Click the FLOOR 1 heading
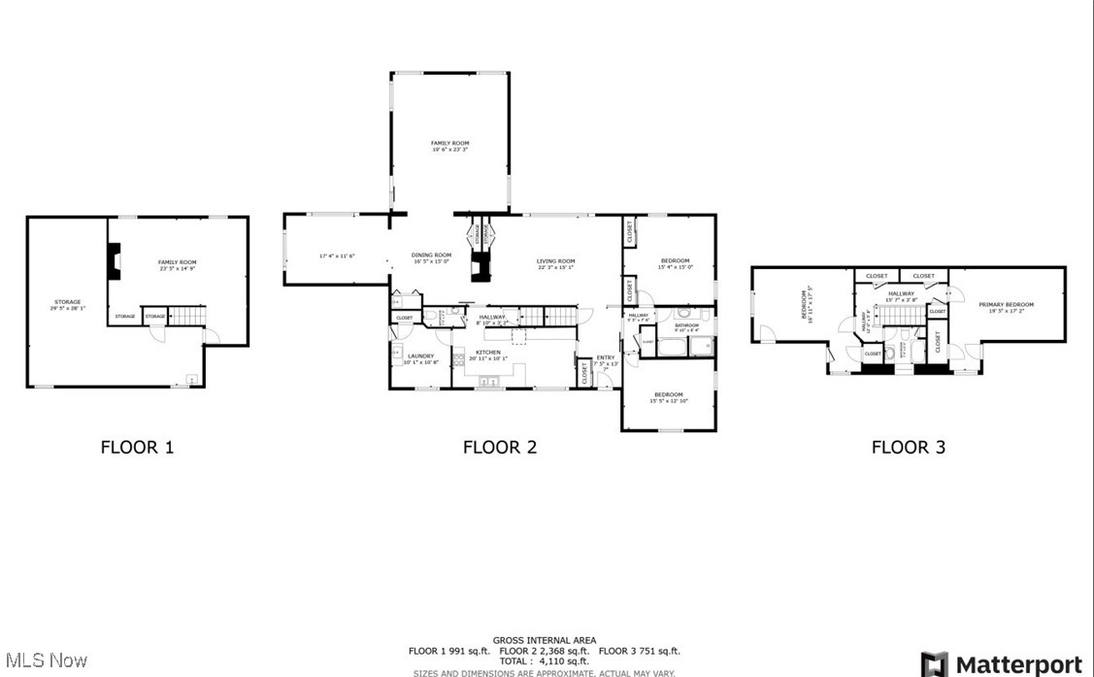click(x=137, y=447)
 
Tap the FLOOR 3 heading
click(x=908, y=447)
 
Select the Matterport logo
click(x=1002, y=664)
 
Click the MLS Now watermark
click(x=45, y=660)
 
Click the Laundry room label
click(x=420, y=358)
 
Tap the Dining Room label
click(x=433, y=257)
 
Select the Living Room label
click(x=556, y=263)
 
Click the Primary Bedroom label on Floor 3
click(x=1011, y=307)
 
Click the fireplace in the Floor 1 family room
click(x=115, y=260)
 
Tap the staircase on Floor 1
click(x=188, y=316)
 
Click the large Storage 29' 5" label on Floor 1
click(x=67, y=305)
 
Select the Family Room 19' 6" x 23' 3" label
click(x=449, y=146)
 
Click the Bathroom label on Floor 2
click(x=686, y=327)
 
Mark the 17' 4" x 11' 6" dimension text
click(x=337, y=255)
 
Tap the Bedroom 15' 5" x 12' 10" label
click(x=668, y=397)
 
